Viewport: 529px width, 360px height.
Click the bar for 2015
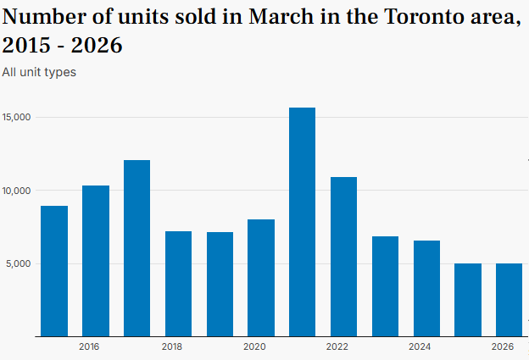pyautogui.click(x=54, y=271)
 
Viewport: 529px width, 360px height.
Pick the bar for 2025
pyautogui.click(x=467, y=300)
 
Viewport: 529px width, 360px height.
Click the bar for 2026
pyautogui.click(x=509, y=300)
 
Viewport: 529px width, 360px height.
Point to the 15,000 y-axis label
pyautogui.click(x=17, y=117)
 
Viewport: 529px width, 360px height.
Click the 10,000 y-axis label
pyautogui.click(x=17, y=191)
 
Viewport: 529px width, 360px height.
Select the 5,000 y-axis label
pyautogui.click(x=19, y=263)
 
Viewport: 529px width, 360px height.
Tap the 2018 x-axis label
pyautogui.click(x=172, y=346)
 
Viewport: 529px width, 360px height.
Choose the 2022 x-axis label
pyautogui.click(x=337, y=346)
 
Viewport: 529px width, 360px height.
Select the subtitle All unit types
pyautogui.click(x=39, y=72)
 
